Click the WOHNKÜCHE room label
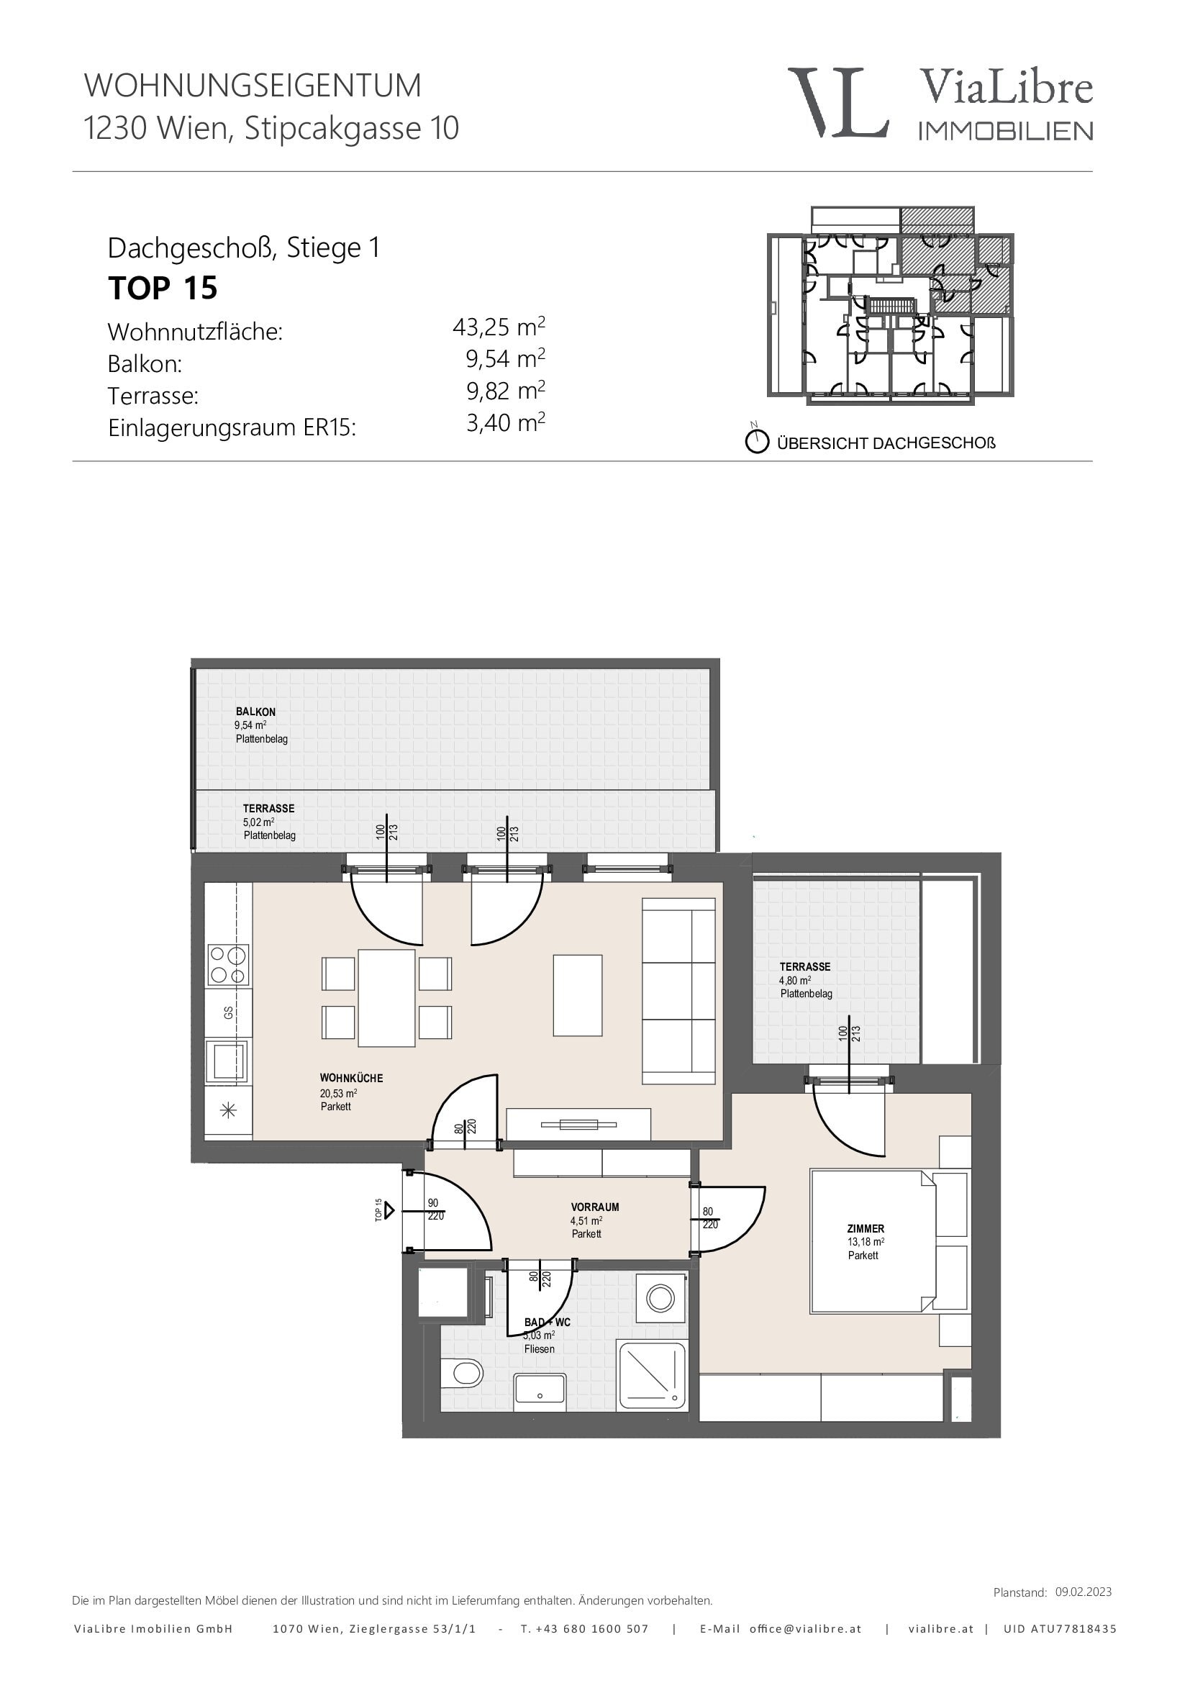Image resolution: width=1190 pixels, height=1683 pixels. pos(351,1079)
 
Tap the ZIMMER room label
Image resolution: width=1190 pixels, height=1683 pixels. pos(866,1228)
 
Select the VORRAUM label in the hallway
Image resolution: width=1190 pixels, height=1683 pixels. pos(595,1207)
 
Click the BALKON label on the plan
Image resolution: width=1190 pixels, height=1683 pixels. pos(255,712)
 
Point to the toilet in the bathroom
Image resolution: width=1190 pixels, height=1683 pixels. pos(461,1372)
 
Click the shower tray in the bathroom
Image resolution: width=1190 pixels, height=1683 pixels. pos(652,1376)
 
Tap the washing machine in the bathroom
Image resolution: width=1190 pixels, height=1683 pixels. pos(660,1298)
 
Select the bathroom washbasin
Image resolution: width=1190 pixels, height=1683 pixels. pos(540,1392)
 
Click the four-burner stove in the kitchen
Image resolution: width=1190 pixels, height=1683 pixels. pos(229,965)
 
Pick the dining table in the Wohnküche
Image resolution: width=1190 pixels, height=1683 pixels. pos(387,997)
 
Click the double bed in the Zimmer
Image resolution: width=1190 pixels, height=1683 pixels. pos(873,1241)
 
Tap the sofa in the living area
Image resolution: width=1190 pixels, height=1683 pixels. pos(678,991)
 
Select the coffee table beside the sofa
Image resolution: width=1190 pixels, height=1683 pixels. pos(578,994)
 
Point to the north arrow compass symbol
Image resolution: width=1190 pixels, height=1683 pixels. pos(756,440)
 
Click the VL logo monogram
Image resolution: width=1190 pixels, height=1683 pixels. pos(838,103)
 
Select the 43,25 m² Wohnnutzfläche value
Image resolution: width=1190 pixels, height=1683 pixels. pos(499,326)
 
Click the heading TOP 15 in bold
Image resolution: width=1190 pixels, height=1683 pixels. pos(163,288)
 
